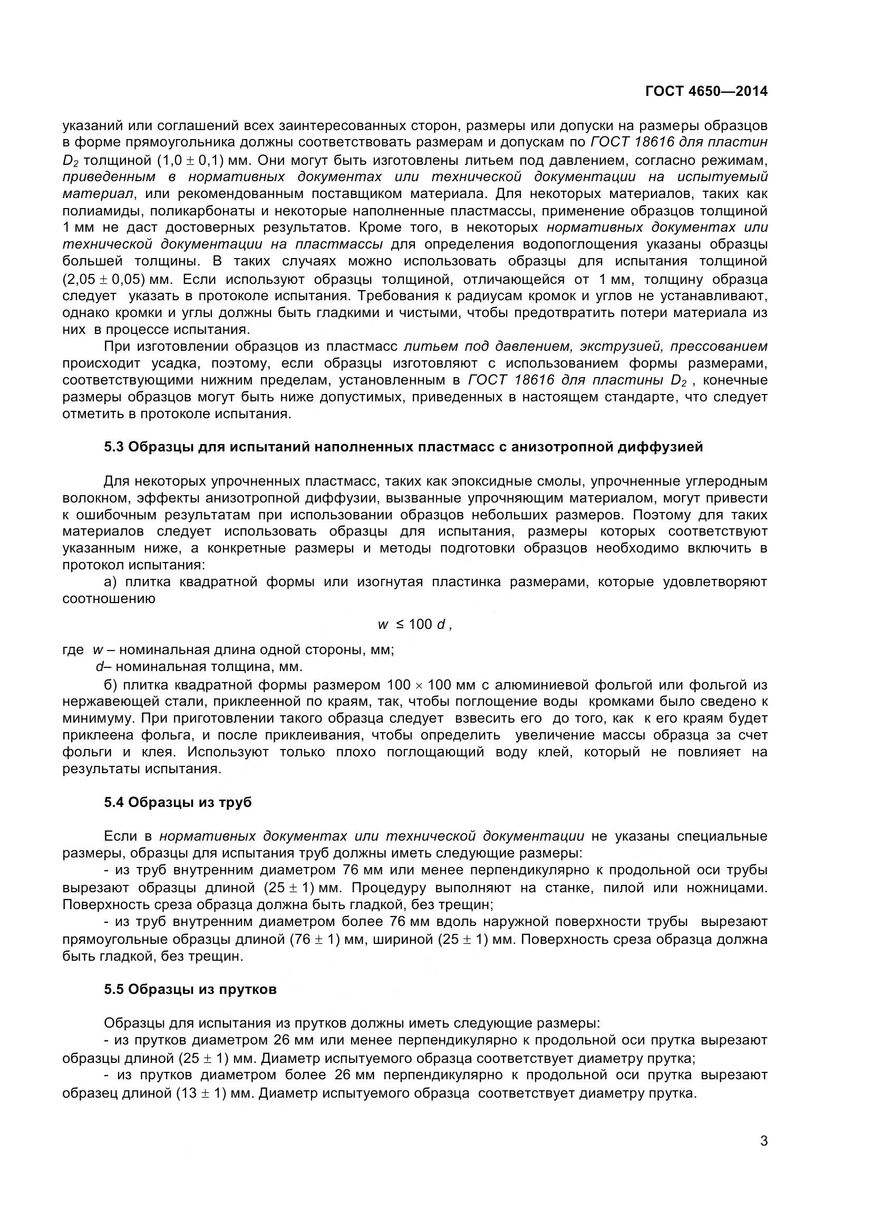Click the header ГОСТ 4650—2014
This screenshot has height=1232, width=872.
point(706,91)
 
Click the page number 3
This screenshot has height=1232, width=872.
point(763,1155)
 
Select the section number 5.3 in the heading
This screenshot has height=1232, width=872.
point(114,447)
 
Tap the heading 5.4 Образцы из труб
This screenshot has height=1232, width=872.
point(178,802)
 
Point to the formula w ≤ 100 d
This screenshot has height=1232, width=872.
point(415,624)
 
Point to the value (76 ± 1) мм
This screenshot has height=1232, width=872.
point(322,940)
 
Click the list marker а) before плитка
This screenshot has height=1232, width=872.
point(110,582)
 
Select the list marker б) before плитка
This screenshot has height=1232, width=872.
point(110,685)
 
